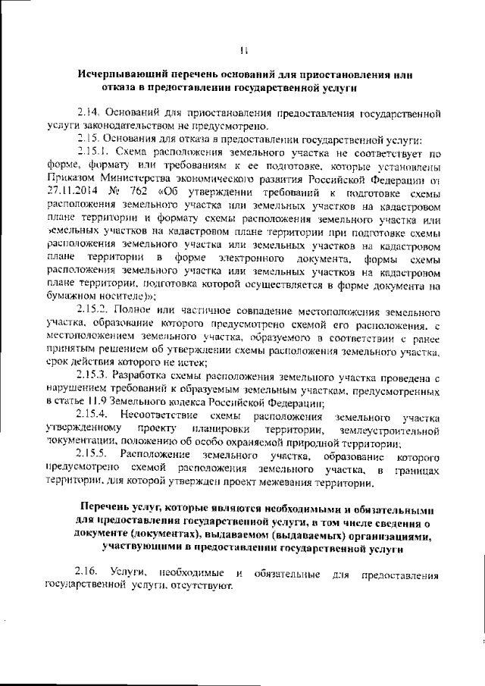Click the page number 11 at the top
click(243, 51)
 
